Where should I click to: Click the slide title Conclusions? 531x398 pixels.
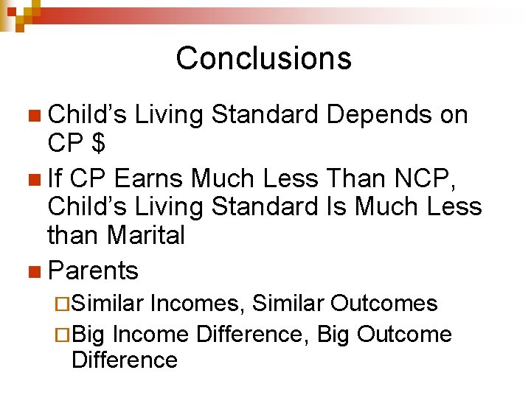[x=263, y=58]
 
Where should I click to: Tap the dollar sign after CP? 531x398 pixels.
[x=97, y=143]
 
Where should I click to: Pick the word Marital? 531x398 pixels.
[x=145, y=236]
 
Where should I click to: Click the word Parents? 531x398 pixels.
[x=93, y=271]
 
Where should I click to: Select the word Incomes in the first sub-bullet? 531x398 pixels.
[x=198, y=303]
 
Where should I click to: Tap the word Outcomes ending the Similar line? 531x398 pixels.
[x=384, y=303]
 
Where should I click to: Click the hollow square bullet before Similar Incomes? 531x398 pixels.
[x=63, y=304]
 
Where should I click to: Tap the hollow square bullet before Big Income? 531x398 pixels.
[x=63, y=335]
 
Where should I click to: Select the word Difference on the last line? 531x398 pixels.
[x=125, y=360]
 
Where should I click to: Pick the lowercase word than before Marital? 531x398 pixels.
[x=74, y=236]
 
